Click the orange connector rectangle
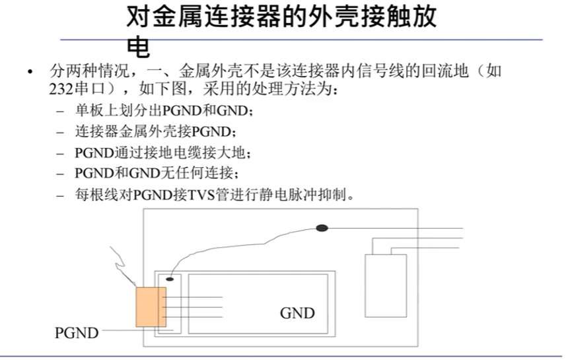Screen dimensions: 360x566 point(151,307)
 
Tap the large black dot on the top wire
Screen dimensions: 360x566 point(322,228)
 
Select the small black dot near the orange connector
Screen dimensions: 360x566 point(170,279)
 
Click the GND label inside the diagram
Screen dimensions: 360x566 point(297,313)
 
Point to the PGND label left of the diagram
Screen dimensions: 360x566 point(76,333)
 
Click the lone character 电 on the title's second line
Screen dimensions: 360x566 point(138,46)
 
